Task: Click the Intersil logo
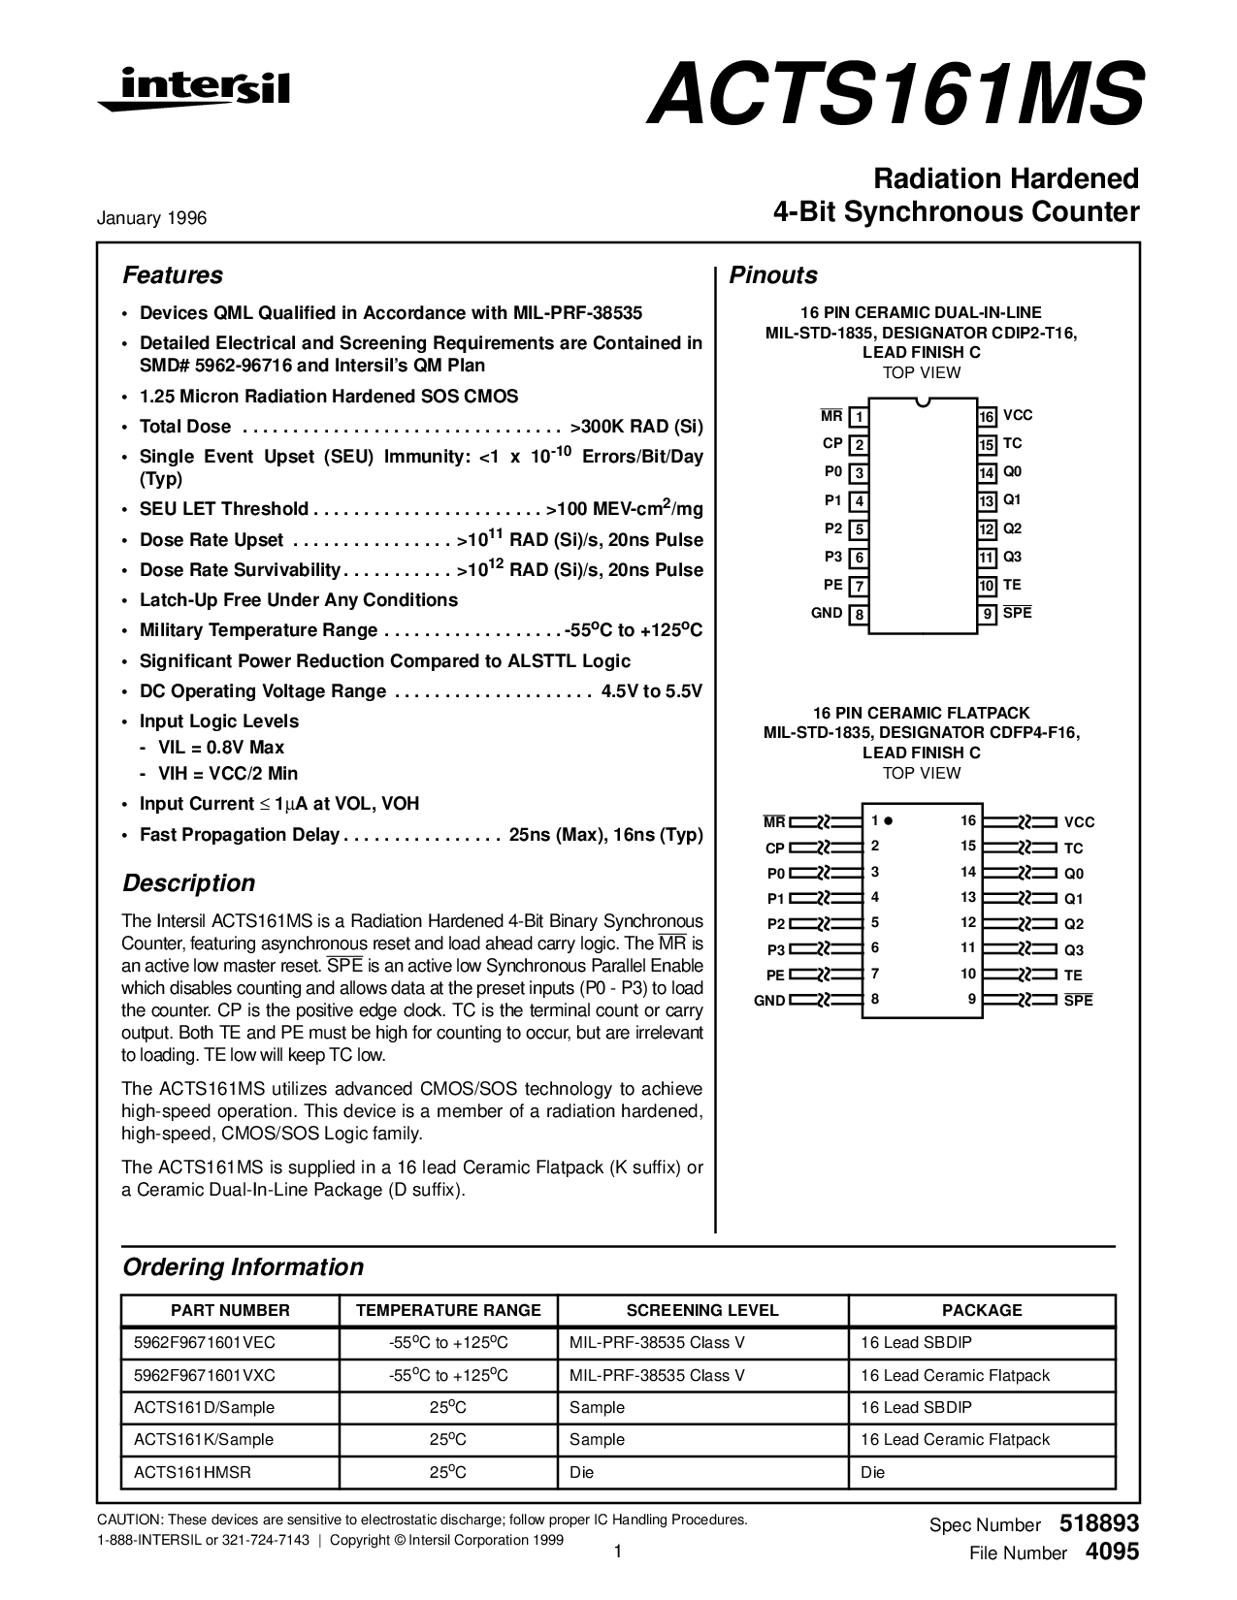pos(193,89)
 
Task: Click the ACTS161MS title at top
pos(895,94)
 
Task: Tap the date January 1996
pos(151,218)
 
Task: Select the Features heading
pos(173,275)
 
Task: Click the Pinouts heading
pos(773,275)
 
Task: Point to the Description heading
pos(188,883)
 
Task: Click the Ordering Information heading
pos(243,1267)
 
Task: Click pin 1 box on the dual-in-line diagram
pos(859,418)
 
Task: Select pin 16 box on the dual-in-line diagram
pos(987,417)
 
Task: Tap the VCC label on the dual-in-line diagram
pos(1018,415)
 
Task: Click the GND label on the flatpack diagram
pos(769,1001)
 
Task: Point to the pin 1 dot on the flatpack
pos(889,820)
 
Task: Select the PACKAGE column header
pos(982,1310)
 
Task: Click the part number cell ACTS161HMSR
pos(192,1472)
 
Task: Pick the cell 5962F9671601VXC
pos(205,1375)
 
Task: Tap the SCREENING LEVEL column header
pos(702,1310)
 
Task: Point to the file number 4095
pos(1112,1552)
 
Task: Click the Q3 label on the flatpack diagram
pos(1074,950)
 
